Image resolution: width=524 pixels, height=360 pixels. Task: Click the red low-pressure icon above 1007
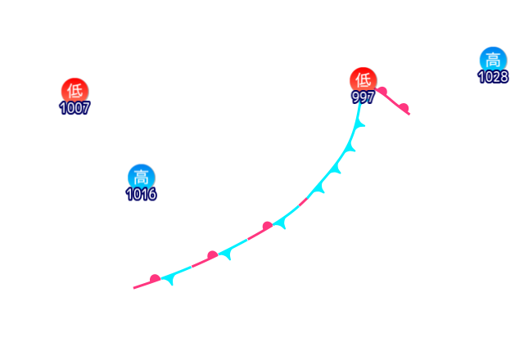[75, 91]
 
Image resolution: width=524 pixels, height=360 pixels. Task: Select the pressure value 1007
[75, 108]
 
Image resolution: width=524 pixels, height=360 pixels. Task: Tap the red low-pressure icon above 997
[364, 80]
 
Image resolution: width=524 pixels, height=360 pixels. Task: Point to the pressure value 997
[364, 97]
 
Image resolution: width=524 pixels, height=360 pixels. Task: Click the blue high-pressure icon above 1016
[141, 177]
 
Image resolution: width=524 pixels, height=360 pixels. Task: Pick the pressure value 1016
[141, 195]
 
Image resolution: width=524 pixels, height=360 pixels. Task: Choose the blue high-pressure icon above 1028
[492, 60]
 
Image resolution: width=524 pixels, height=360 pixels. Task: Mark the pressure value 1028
[493, 77]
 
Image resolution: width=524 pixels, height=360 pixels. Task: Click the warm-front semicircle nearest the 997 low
[382, 91]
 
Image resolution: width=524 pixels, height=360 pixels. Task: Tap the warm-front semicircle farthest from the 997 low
[404, 107]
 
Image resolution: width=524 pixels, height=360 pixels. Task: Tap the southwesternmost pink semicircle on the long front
[155, 279]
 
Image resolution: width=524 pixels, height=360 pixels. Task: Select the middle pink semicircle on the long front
[212, 256]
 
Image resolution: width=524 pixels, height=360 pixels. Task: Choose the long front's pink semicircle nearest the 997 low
[267, 226]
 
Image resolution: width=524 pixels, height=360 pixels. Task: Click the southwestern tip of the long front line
[134, 288]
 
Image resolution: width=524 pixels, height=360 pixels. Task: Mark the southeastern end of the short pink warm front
[409, 114]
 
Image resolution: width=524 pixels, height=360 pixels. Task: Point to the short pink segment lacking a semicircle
[303, 201]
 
